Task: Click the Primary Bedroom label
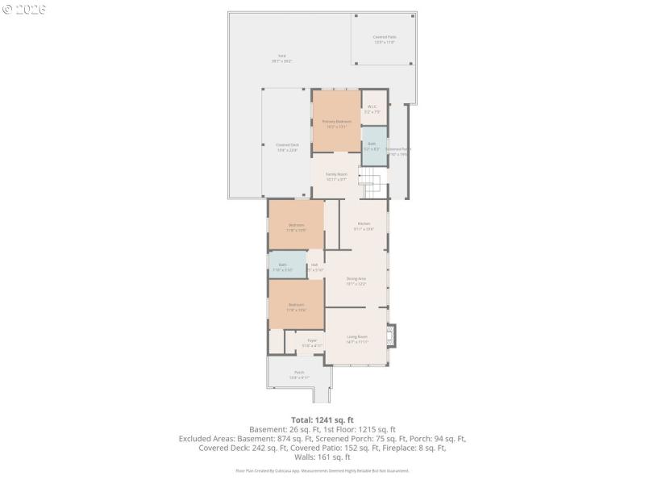336,123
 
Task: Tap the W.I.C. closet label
372,109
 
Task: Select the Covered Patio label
385,40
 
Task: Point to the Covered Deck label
287,148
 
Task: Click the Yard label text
281,58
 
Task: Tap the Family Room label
336,177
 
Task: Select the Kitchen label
364,226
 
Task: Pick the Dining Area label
356,281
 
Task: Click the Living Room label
357,339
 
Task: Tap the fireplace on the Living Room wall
392,335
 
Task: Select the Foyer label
312,343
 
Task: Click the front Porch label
299,375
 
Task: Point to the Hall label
314,266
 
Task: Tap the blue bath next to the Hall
287,266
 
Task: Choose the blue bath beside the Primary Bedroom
372,146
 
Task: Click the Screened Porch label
398,151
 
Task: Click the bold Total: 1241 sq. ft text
322,419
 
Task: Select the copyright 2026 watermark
24,10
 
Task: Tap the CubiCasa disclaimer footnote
322,470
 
